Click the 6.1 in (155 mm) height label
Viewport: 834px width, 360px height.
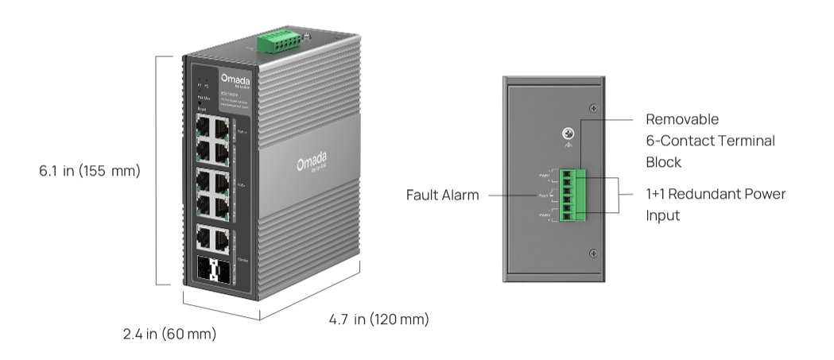pyautogui.click(x=90, y=171)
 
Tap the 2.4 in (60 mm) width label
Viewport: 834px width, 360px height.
pyautogui.click(x=169, y=335)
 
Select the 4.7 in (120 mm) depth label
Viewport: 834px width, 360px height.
pyautogui.click(x=378, y=319)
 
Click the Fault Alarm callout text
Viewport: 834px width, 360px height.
pyautogui.click(x=442, y=195)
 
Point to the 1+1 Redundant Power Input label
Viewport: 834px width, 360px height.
pyautogui.click(x=715, y=204)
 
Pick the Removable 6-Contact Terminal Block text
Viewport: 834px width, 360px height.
pyautogui.click(x=709, y=141)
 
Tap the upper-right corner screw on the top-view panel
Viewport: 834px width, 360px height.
pyautogui.click(x=593, y=108)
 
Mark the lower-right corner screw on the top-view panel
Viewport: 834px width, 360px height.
pyautogui.click(x=593, y=253)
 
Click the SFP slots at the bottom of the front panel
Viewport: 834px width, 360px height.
pyautogui.click(x=215, y=269)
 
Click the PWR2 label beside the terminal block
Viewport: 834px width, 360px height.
pyautogui.click(x=545, y=214)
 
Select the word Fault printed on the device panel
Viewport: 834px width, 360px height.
pyautogui.click(x=543, y=195)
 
